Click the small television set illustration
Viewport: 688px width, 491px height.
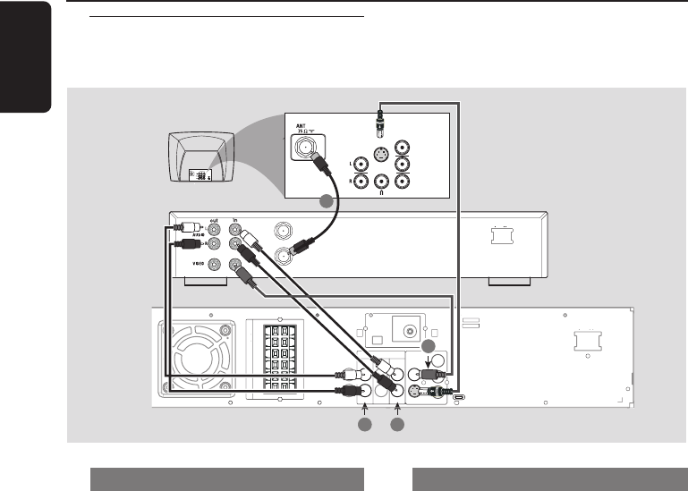click(201, 159)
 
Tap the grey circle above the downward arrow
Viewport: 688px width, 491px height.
click(429, 346)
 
